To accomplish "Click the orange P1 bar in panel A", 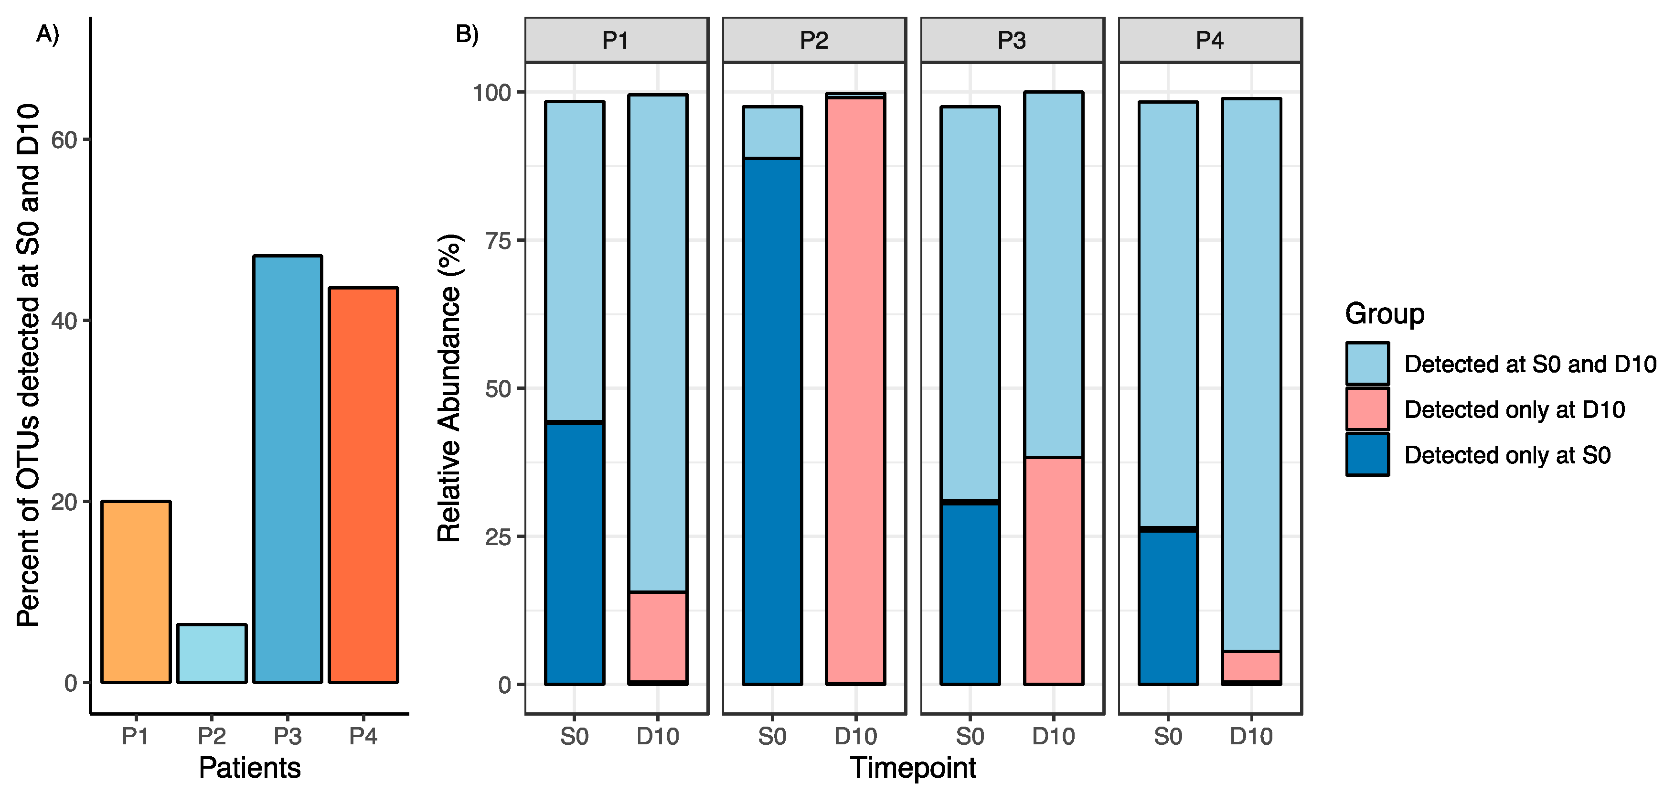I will coord(136,591).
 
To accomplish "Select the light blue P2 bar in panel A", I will coord(212,653).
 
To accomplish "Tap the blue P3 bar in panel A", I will coord(288,468).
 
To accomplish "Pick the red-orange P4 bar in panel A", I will coord(363,484).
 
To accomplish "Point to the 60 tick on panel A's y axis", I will coord(64,139).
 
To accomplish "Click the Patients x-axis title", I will coord(249,768).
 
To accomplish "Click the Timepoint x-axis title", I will coord(913,768).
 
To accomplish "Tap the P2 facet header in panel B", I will coord(814,40).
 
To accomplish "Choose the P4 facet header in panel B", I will coord(1209,40).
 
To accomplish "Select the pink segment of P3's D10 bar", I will coord(1054,570).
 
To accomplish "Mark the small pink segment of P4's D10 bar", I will coord(1251,666).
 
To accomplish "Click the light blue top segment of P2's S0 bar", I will coord(772,132).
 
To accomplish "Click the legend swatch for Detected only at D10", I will coord(1367,409).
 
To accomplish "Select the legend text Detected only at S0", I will coord(1507,455).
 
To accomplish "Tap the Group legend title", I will coord(1384,313).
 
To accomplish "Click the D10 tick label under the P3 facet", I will coord(1054,736).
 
